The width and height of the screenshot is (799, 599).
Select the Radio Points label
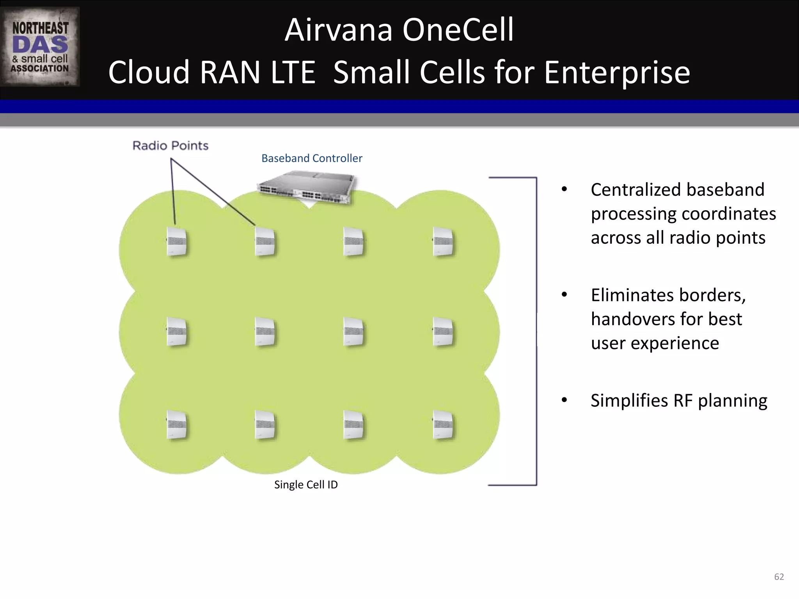[x=170, y=145]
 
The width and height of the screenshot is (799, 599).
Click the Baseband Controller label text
[x=311, y=158]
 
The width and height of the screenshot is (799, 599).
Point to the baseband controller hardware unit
[x=307, y=188]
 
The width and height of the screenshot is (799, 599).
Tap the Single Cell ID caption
[x=306, y=485]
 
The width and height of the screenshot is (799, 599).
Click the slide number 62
[x=779, y=577]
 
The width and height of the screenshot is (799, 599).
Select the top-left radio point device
[x=176, y=241]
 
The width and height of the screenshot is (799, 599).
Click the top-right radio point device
[x=443, y=241]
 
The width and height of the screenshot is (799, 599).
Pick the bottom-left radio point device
[x=176, y=425]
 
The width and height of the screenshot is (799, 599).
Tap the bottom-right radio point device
[x=443, y=425]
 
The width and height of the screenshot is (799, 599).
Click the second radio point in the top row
[x=265, y=241]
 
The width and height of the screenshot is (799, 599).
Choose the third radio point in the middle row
[x=353, y=332]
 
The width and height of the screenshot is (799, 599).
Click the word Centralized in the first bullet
[x=638, y=190]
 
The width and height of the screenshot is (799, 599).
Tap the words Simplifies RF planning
[x=678, y=401]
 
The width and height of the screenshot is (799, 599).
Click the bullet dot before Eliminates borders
[x=564, y=295]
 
